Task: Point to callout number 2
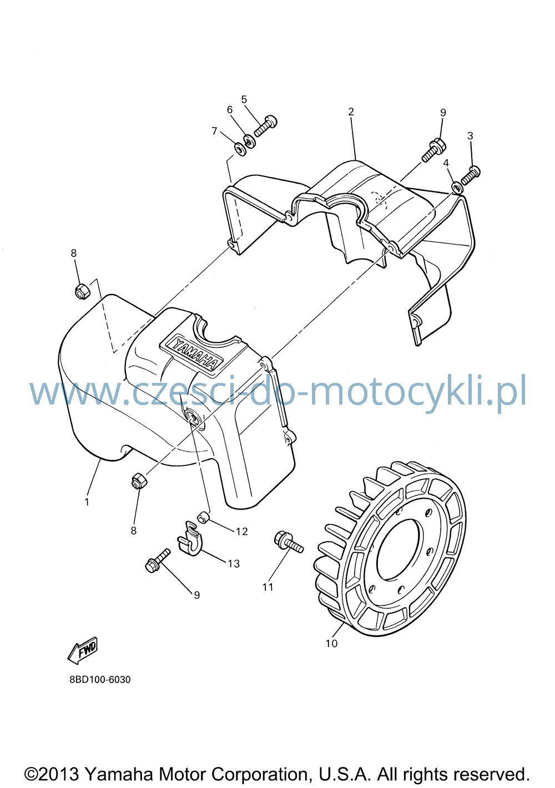[x=351, y=112]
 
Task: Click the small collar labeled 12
[x=204, y=518]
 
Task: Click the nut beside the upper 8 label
[x=83, y=291]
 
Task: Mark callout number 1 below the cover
[x=87, y=502]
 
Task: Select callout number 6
[x=230, y=110]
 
